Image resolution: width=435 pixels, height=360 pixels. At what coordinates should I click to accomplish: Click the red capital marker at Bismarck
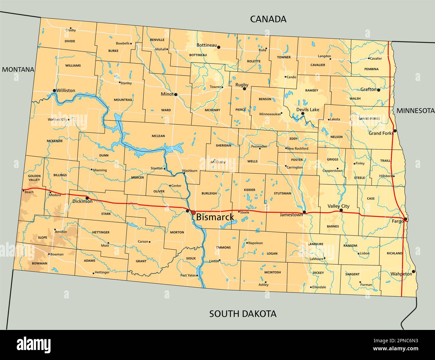[x=193, y=212]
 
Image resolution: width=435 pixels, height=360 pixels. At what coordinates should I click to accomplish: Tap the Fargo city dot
[x=405, y=219]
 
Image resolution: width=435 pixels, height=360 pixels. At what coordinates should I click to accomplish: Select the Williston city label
[x=66, y=90]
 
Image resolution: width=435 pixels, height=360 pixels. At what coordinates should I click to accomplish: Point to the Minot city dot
[x=176, y=94]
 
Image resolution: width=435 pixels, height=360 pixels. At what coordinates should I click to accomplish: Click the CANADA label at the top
[x=268, y=19]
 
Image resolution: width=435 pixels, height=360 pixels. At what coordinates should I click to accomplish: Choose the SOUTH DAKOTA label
[x=243, y=314]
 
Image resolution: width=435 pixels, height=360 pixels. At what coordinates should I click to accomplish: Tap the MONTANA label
[x=18, y=70]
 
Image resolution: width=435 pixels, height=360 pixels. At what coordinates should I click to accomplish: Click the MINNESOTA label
[x=415, y=111]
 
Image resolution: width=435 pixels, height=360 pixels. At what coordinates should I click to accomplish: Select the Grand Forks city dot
[x=395, y=131]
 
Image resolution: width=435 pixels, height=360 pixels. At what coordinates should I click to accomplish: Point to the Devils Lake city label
[x=308, y=109]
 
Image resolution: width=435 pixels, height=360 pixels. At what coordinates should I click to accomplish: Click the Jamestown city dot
[x=304, y=212]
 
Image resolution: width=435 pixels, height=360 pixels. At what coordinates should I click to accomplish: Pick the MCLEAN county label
[x=158, y=136]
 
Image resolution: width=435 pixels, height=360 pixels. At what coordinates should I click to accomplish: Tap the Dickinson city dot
[x=87, y=198]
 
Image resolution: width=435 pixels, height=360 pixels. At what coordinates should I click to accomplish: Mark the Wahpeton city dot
[x=413, y=271]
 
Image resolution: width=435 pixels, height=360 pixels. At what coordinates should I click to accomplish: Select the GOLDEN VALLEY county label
[x=34, y=178]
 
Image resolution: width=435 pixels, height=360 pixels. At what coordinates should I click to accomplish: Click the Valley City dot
[x=341, y=210]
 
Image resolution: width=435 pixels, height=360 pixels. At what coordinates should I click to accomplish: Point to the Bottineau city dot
[x=219, y=47]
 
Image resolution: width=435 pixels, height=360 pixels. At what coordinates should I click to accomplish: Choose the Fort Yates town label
[x=187, y=275]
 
